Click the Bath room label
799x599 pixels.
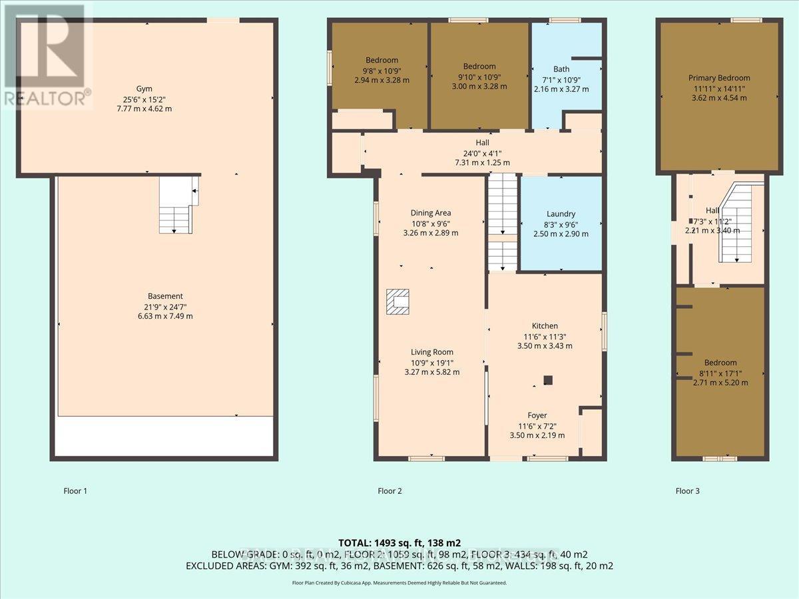click(x=561, y=69)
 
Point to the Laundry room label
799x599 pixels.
click(x=561, y=214)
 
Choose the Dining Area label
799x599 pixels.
click(x=431, y=213)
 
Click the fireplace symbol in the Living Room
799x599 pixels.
click(x=400, y=301)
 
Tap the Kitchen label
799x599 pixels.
click(x=545, y=325)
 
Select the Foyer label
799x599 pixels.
click(x=537, y=415)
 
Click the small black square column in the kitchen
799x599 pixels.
click(x=547, y=380)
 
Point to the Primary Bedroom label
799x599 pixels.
click(x=719, y=78)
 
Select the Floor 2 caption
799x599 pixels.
click(x=390, y=491)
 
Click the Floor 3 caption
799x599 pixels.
click(x=688, y=491)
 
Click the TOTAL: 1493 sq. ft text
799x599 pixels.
click(x=400, y=542)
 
